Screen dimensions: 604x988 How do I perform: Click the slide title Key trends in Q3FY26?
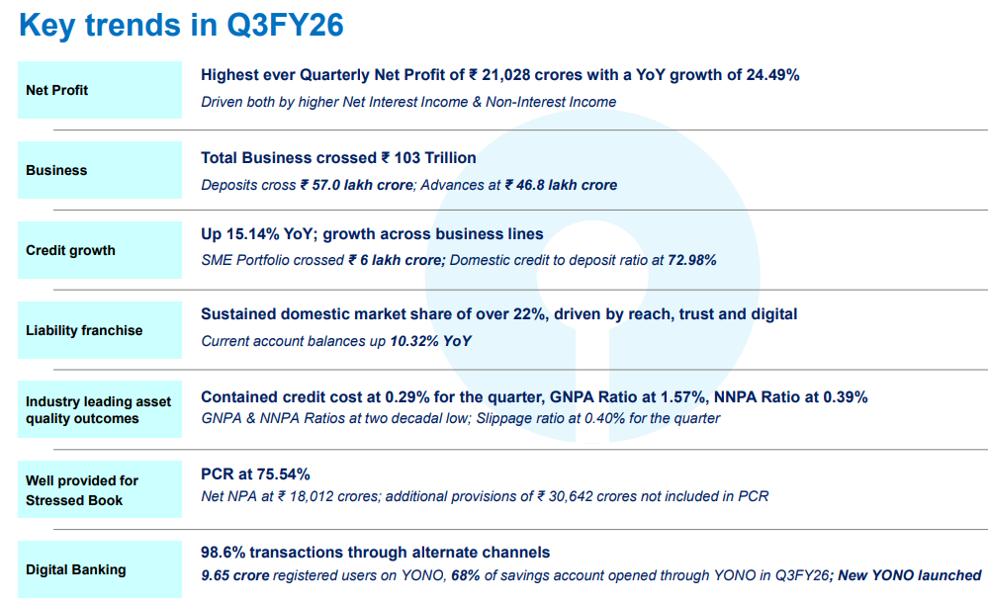click(181, 25)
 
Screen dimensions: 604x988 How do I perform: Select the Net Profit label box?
click(99, 90)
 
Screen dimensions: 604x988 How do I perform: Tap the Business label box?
click(99, 170)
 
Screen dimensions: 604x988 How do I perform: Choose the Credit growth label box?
click(99, 250)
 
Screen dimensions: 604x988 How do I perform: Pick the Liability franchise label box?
click(99, 330)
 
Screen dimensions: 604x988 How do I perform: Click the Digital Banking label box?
click(99, 569)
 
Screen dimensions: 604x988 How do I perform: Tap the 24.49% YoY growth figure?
click(768, 74)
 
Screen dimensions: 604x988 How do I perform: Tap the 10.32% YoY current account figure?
click(431, 341)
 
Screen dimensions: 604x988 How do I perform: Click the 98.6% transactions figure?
click(225, 553)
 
